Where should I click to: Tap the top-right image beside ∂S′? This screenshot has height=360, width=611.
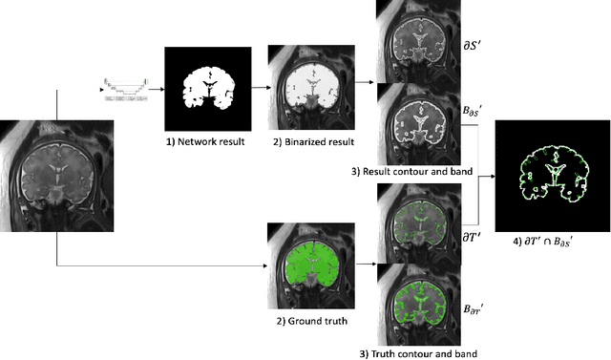coord(414,38)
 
